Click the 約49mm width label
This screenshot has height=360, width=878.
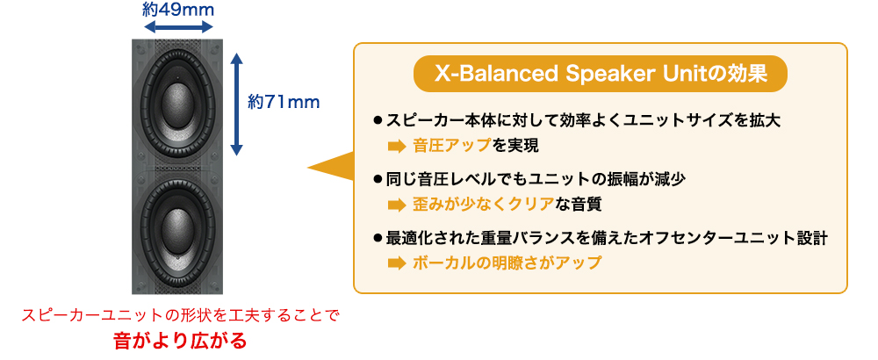179,10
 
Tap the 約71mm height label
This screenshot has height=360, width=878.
284,102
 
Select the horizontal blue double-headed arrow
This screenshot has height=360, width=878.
179,26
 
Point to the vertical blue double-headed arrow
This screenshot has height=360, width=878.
237,104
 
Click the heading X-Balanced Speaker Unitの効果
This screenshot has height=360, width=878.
600,74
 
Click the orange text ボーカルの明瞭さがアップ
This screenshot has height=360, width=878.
507,262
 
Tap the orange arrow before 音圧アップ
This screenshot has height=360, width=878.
396,147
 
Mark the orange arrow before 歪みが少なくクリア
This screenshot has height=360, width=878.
396,205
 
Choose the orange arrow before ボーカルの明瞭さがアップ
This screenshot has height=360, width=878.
396,263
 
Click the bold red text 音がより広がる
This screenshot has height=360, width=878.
180,341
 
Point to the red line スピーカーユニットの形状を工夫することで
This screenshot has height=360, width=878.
180,315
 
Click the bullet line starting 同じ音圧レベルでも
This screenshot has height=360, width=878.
529,178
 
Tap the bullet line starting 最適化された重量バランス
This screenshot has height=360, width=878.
600,237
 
